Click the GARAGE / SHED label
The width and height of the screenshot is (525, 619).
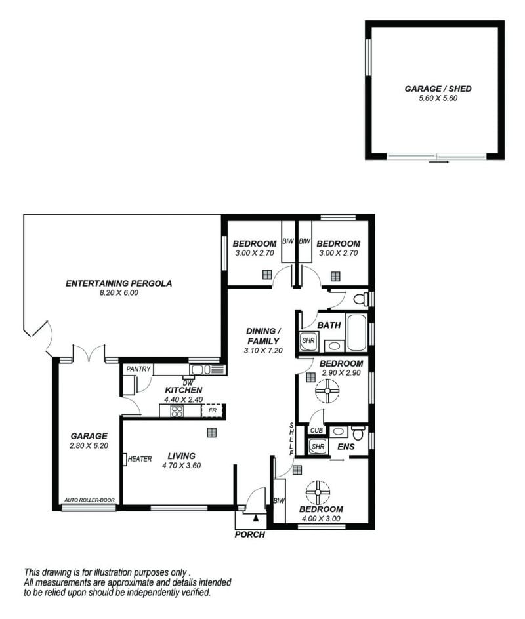(x=438, y=89)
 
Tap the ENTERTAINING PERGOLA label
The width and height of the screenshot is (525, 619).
(x=119, y=283)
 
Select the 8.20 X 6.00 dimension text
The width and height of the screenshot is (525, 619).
(x=119, y=293)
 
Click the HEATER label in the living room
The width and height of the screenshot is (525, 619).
(x=139, y=459)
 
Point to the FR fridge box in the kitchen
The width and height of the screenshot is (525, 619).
(x=213, y=410)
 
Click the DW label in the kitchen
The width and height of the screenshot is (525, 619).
(x=188, y=383)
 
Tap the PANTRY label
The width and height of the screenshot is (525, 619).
(x=138, y=369)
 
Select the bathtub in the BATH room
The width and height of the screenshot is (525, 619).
(x=356, y=332)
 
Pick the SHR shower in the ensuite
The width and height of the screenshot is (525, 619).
(x=318, y=447)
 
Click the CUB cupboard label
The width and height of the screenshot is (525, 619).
(x=316, y=430)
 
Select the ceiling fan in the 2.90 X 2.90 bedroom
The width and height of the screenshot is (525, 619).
(x=327, y=391)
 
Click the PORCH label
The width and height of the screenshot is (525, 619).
(x=249, y=535)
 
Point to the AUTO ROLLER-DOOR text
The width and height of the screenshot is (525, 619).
(x=89, y=500)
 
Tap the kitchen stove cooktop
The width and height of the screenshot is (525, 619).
(x=177, y=411)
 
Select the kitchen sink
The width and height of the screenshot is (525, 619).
(x=201, y=370)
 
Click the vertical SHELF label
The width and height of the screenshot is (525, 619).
(x=291, y=439)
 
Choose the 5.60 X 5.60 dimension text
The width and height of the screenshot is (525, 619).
(x=438, y=98)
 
